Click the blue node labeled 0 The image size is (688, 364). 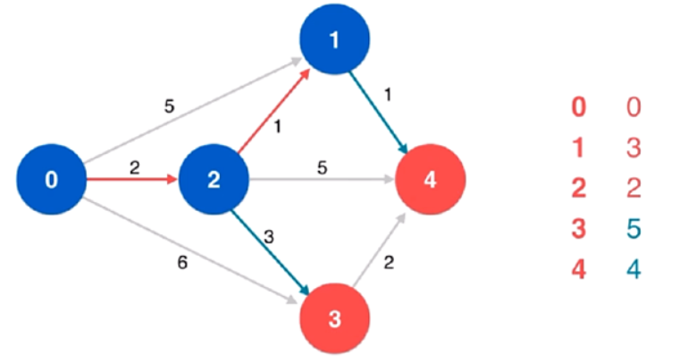51,180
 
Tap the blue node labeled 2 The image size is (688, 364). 214,180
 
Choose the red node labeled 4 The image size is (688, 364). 431,180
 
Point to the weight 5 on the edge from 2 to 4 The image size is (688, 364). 321,165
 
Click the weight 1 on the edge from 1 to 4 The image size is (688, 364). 386,90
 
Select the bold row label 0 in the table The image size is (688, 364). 579,107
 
